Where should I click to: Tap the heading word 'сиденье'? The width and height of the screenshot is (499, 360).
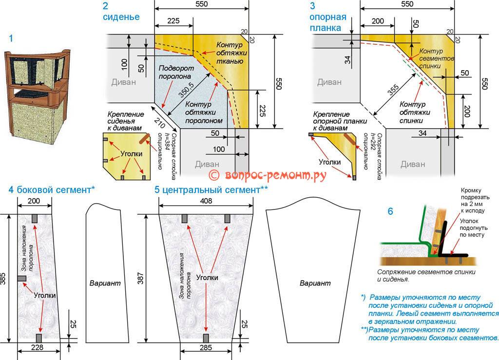coord(121,17)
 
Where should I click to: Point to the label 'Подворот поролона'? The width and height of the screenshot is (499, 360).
coord(176,73)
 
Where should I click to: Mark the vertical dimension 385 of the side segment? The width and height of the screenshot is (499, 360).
coord(4,278)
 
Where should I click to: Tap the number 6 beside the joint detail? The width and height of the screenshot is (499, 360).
coord(390,211)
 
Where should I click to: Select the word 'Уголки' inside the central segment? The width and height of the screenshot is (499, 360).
coord(207,277)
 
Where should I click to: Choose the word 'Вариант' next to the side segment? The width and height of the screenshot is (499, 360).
coord(105,283)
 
